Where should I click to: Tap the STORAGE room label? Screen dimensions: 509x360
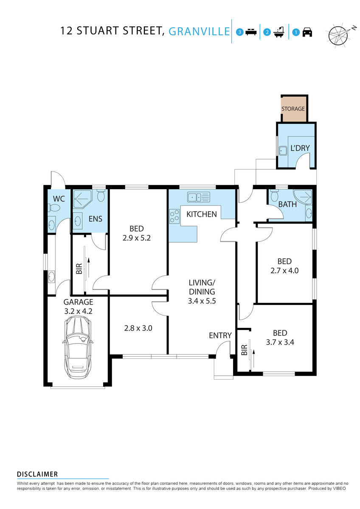(293, 109)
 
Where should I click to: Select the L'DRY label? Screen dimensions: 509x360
(300, 148)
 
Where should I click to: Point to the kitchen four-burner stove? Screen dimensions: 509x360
(174, 217)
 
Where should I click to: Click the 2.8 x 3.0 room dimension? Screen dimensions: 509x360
(138, 327)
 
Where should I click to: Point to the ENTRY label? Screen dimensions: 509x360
(220, 336)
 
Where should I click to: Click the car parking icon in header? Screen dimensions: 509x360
(307, 32)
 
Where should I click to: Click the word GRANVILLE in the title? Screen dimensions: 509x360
(199, 31)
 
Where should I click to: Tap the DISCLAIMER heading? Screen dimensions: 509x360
(37, 474)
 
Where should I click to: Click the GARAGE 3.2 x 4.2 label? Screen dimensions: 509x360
(78, 307)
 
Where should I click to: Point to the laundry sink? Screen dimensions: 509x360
(282, 150)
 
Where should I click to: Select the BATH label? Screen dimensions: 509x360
(287, 204)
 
